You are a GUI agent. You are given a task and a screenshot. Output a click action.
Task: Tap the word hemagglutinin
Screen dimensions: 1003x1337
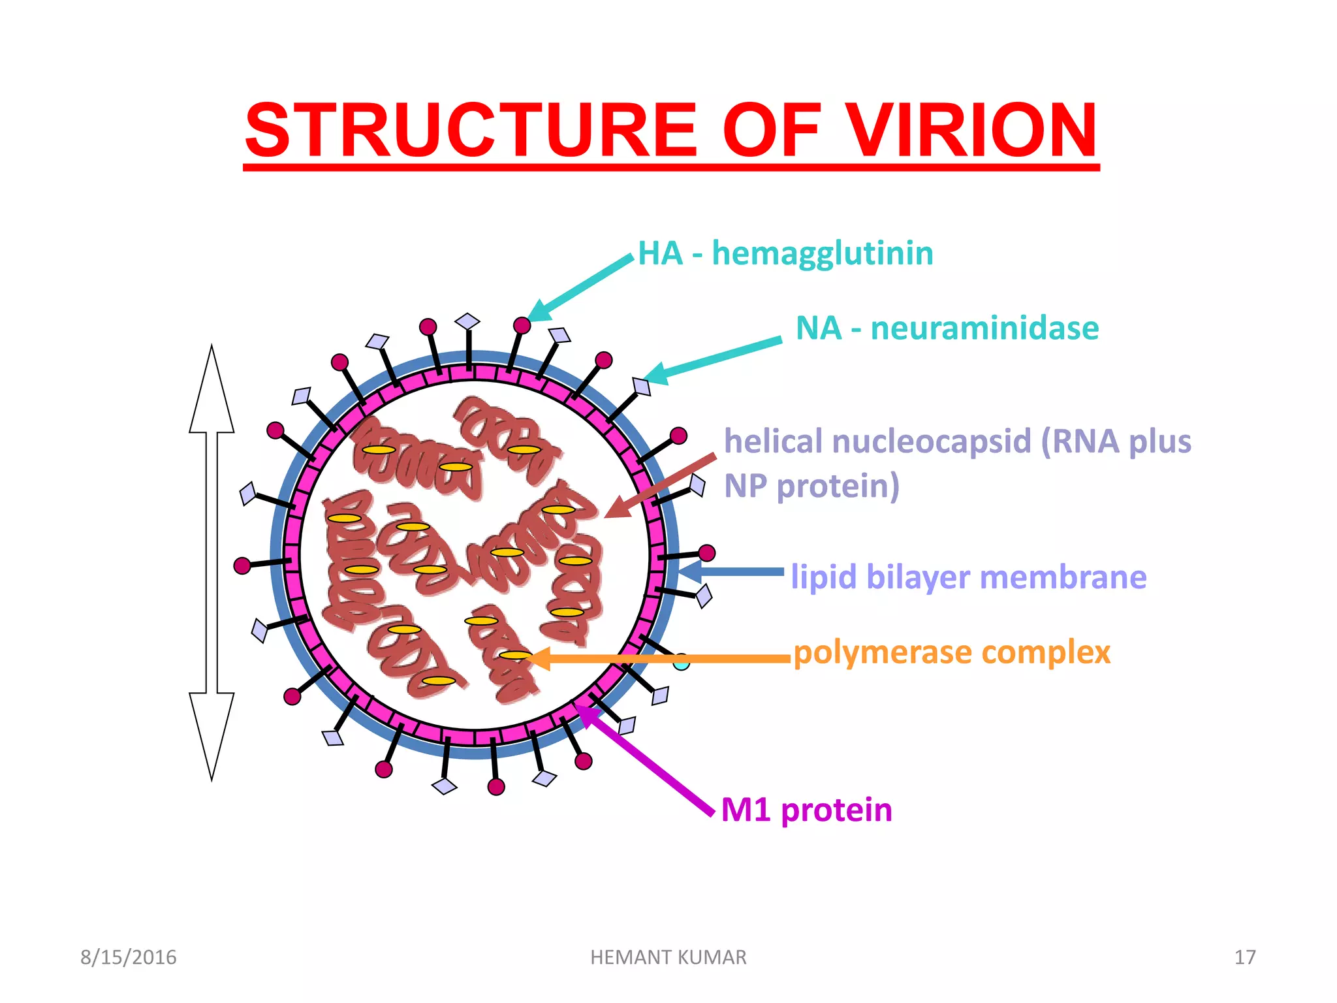(822, 253)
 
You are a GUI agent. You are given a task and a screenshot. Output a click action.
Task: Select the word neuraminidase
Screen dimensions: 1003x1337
(984, 328)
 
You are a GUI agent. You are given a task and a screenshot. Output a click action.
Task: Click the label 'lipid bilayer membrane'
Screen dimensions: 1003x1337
(968, 577)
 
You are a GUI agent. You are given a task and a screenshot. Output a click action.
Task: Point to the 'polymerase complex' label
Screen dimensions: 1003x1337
(952, 652)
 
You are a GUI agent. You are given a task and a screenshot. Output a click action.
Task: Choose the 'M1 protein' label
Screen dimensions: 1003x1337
(806, 810)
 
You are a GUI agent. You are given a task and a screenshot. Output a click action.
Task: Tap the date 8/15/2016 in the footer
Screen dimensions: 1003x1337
(128, 957)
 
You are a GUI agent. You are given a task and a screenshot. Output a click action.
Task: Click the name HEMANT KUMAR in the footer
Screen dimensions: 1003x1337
(668, 957)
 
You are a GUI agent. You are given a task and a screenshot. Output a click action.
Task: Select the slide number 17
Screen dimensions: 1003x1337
(1245, 957)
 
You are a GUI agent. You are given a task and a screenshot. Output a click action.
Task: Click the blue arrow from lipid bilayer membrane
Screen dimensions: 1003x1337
(731, 572)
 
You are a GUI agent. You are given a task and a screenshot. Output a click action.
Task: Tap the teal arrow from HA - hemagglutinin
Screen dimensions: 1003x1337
(581, 287)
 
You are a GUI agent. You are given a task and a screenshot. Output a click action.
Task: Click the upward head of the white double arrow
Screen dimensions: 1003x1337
(212, 392)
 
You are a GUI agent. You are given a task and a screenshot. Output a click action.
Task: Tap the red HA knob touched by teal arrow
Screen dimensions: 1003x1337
(522, 325)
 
